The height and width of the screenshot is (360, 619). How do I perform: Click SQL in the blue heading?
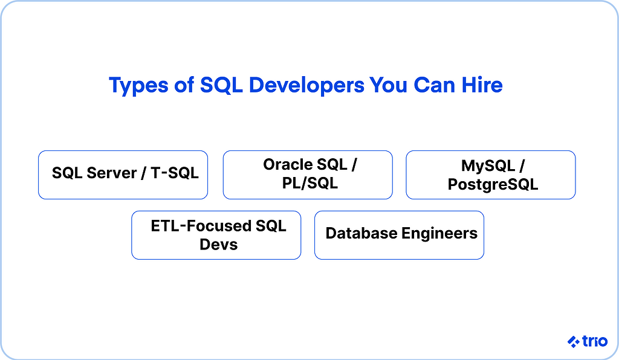(x=221, y=85)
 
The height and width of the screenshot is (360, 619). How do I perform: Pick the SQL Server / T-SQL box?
(x=123, y=175)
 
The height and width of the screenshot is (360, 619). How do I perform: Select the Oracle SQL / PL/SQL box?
(x=307, y=175)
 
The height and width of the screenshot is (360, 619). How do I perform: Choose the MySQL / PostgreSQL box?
(x=490, y=175)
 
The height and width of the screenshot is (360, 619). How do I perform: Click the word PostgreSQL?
(x=493, y=184)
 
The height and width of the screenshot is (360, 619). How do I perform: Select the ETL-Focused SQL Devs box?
(x=216, y=235)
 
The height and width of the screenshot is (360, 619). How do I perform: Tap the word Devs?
(x=218, y=245)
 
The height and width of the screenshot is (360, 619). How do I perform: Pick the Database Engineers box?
(x=399, y=235)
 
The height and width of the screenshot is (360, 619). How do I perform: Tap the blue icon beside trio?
(x=574, y=342)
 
